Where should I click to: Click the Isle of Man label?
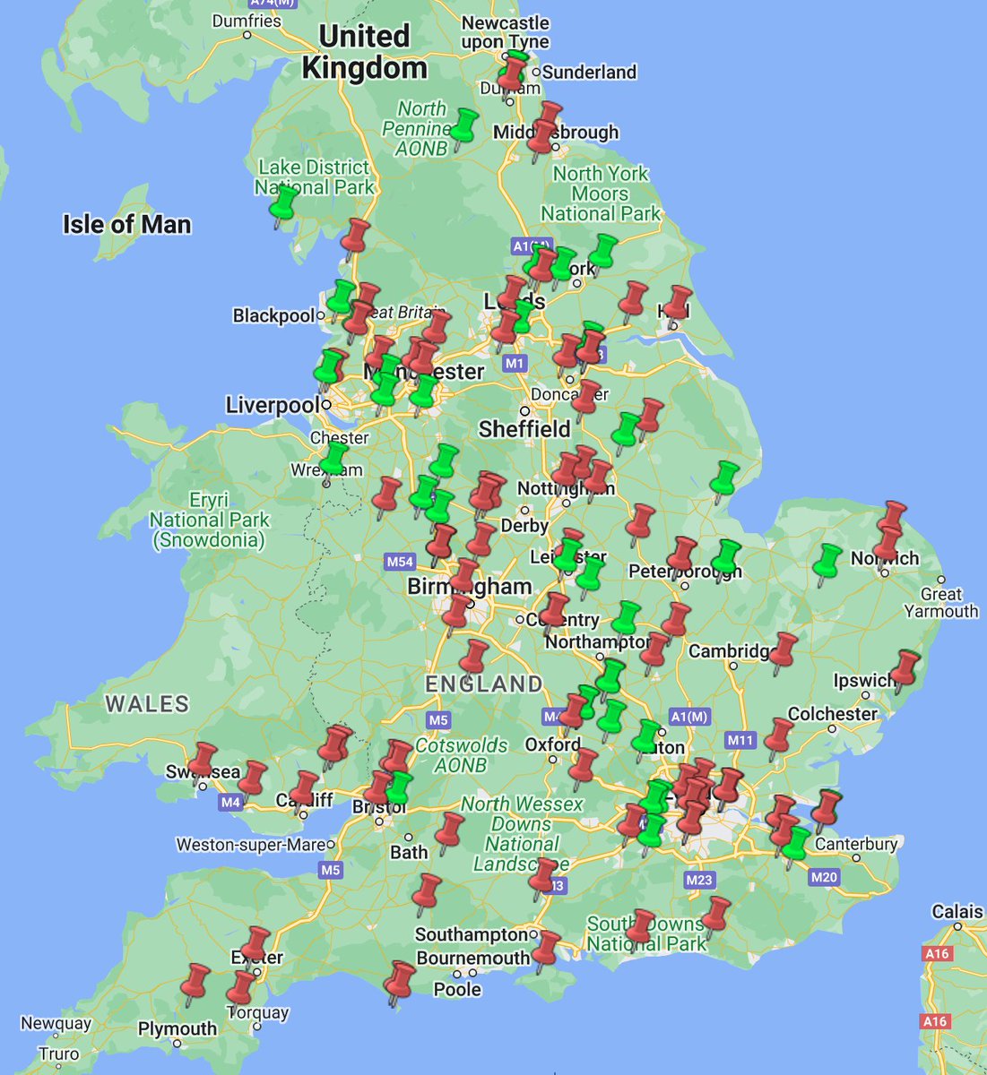coord(126,224)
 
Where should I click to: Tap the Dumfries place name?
coord(247,21)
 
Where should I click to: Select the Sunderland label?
coord(589,72)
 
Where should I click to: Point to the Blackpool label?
coord(273,315)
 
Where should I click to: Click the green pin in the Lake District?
coord(284,203)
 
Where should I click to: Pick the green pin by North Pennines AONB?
coord(463,126)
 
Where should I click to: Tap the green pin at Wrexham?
coord(334,457)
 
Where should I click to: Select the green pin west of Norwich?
coord(827,561)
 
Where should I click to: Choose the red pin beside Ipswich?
coord(906,667)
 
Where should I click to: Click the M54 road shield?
coord(400,562)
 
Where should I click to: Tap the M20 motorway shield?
coord(823,877)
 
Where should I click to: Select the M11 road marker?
coord(740,740)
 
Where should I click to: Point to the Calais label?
coord(957,912)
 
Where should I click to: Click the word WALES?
coord(148,704)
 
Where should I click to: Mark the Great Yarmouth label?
coord(940,602)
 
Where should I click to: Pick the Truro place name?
coord(58,1054)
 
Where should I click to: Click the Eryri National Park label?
coord(209,520)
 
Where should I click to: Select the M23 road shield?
coord(699,880)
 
